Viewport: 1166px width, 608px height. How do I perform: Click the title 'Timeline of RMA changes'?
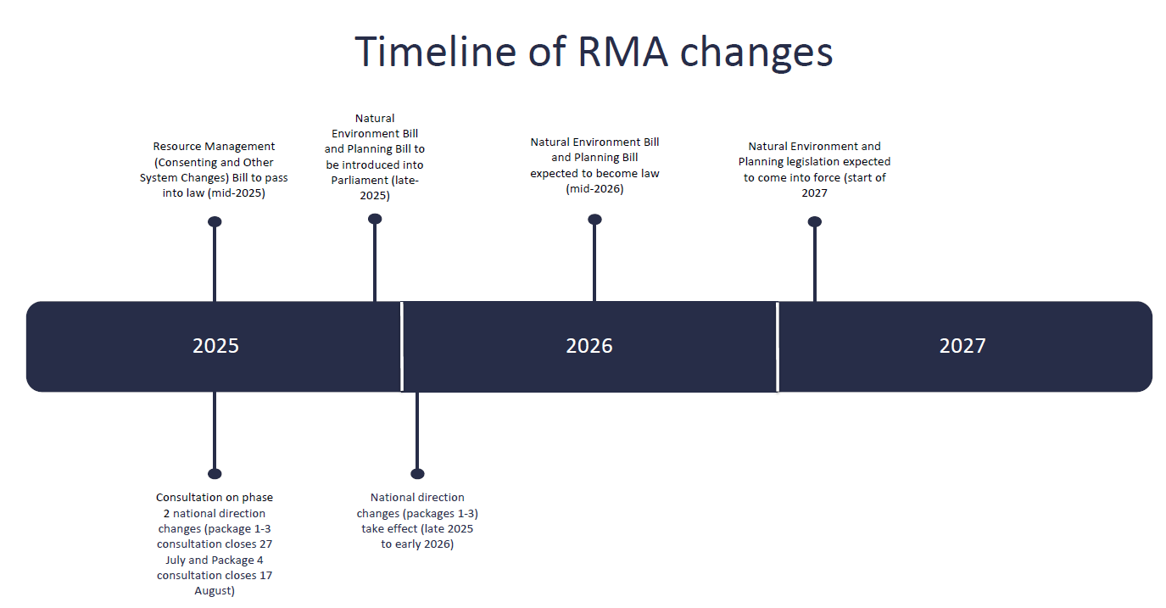(594, 52)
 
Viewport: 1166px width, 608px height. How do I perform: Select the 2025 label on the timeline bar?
(215, 346)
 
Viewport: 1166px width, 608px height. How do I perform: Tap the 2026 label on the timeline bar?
(589, 346)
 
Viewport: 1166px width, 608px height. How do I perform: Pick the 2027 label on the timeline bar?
(962, 346)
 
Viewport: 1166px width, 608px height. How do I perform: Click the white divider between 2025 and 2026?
(402, 346)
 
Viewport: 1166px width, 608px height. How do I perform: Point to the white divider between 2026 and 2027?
(777, 346)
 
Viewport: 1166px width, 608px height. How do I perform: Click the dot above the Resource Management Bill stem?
(215, 222)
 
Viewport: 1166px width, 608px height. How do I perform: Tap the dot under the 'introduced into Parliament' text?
(375, 219)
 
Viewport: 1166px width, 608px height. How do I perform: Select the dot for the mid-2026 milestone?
(594, 220)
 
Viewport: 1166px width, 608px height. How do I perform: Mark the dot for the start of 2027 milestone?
(815, 222)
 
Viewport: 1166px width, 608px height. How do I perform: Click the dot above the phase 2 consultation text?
(215, 474)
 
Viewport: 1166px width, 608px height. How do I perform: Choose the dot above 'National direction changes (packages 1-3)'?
(417, 474)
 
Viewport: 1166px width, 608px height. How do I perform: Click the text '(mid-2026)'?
(594, 188)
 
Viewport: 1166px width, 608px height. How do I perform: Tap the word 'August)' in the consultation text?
(215, 591)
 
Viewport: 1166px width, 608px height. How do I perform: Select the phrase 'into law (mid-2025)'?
(214, 193)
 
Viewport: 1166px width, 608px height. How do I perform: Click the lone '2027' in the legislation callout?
(815, 193)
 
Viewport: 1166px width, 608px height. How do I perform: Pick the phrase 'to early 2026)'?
(417, 544)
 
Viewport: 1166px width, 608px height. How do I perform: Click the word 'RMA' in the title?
(622, 52)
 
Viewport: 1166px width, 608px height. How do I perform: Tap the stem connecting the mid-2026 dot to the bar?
(594, 263)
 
